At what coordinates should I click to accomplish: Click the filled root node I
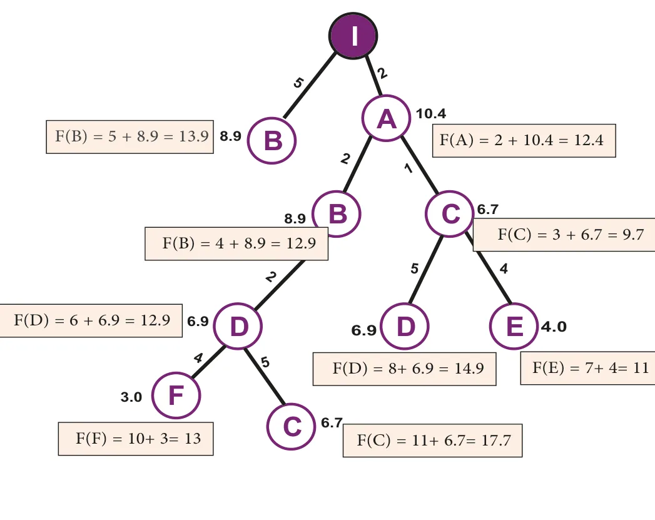click(x=353, y=36)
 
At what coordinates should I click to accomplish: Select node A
click(x=386, y=119)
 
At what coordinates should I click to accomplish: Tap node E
click(x=514, y=326)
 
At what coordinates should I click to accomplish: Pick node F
click(x=176, y=395)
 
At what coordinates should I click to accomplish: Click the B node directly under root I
click(x=272, y=141)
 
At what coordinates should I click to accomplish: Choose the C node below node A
click(x=450, y=214)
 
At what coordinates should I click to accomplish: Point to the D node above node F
click(x=238, y=326)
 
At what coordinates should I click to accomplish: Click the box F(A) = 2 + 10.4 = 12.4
click(x=524, y=141)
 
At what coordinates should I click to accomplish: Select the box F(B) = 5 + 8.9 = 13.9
click(x=130, y=137)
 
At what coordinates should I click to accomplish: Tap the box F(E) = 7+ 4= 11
click(x=587, y=368)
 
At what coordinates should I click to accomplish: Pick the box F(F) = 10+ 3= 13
click(x=136, y=439)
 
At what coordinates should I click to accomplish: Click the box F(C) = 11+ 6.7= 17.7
click(x=432, y=441)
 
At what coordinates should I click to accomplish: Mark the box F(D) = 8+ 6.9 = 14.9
click(x=404, y=369)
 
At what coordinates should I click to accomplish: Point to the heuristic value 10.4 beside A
click(x=430, y=114)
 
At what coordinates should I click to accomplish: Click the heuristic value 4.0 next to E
click(x=554, y=327)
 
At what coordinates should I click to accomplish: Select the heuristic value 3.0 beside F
click(x=131, y=397)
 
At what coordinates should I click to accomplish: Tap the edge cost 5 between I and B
click(x=298, y=83)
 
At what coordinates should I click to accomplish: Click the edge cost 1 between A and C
click(x=409, y=168)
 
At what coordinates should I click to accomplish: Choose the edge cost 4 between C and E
click(x=504, y=268)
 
